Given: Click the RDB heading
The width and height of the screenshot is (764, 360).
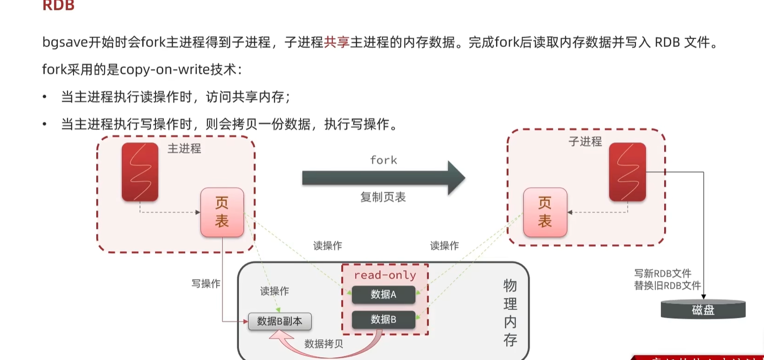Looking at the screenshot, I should point(58,6).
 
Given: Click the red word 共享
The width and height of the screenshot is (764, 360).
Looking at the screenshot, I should point(336,42).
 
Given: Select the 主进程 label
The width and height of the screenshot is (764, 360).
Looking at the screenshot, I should point(184,149).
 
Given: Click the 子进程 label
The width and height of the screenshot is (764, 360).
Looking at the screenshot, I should point(585,142).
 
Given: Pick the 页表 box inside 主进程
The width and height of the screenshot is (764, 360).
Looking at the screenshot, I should point(222,212).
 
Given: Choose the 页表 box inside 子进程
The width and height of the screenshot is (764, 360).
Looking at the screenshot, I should point(544,212).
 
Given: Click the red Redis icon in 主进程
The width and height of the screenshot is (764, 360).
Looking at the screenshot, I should point(140,172).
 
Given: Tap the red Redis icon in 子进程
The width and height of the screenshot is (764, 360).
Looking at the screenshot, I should point(627,172).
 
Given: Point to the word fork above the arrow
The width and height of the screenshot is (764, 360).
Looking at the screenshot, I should point(383,160).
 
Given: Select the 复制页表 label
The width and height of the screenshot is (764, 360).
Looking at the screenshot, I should point(383,198).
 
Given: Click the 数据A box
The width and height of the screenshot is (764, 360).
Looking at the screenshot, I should point(383,295).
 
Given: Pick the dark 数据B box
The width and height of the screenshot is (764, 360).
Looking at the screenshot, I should point(383,320).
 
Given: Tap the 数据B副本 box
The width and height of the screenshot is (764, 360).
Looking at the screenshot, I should point(279,321).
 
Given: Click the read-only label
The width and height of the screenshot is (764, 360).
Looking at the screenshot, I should point(385,275).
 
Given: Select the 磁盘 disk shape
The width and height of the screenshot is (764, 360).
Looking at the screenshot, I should point(703,309).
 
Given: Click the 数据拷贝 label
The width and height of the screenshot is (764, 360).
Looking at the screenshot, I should point(323,344).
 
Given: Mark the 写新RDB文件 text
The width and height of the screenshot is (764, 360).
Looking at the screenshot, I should point(663,273).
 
